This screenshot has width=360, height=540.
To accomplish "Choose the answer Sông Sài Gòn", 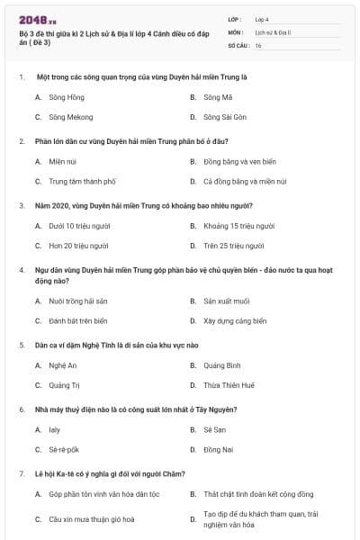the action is (x=225, y=117).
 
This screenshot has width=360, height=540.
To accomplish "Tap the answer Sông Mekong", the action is (x=70, y=117).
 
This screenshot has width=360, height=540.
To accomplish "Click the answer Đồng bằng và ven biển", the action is (x=238, y=161).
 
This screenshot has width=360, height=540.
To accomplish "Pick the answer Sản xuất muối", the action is (x=224, y=300).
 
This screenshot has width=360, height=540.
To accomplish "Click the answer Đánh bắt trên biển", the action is (x=77, y=320).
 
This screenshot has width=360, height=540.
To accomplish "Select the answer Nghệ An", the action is (x=63, y=364).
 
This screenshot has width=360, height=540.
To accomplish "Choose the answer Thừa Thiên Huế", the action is (x=229, y=385).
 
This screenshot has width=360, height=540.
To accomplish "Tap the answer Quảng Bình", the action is (x=222, y=364).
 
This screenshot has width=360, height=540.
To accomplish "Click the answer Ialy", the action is (x=55, y=429).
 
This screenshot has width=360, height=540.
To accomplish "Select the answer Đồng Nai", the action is (x=219, y=449).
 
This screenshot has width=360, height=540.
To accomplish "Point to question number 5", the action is (x=22, y=344).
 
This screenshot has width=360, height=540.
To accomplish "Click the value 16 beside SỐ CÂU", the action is (x=258, y=44).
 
